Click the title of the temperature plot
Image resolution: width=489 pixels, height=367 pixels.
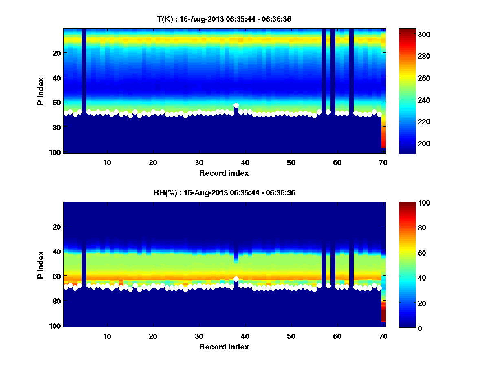(x=224, y=19)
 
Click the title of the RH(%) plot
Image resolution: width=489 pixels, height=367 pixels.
(x=224, y=193)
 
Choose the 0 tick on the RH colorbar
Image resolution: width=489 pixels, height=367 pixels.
(x=422, y=328)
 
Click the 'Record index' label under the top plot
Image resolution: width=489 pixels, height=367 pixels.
(x=224, y=173)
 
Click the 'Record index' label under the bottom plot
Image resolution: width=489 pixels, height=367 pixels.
(x=224, y=347)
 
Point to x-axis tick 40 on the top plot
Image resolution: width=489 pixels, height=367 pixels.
(x=245, y=162)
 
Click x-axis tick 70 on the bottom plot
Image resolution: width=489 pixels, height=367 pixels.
(x=383, y=336)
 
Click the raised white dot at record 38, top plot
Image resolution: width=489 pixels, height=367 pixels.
(x=236, y=105)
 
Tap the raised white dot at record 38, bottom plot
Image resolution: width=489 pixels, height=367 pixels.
(x=236, y=279)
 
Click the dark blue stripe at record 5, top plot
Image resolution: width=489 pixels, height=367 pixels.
(x=84, y=69)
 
